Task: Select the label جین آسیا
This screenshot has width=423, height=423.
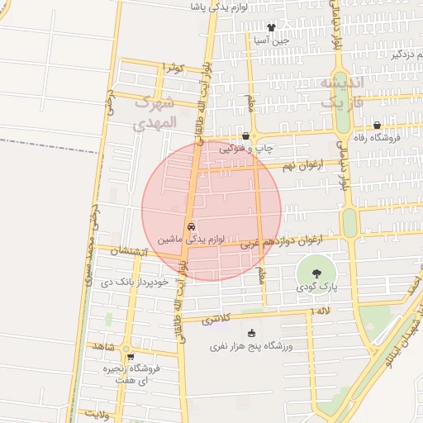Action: point(271,40)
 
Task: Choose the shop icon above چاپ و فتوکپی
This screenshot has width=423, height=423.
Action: point(245,136)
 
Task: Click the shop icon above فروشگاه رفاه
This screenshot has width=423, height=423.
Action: point(377,126)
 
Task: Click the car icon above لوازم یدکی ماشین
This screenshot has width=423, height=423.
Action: point(191,226)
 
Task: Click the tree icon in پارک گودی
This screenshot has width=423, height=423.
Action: point(315,273)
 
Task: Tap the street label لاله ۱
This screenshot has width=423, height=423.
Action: point(320,311)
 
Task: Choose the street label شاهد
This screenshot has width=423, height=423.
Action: point(103,345)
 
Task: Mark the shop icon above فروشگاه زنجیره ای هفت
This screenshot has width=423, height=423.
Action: point(130,357)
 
